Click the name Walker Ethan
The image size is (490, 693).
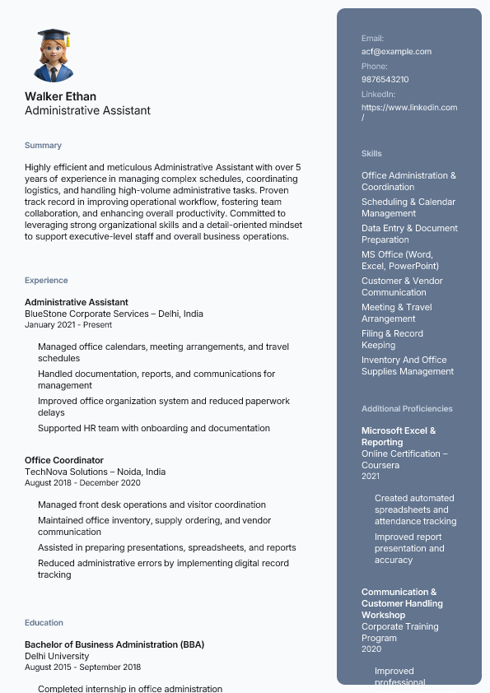60,96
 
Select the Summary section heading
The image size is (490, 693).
43,146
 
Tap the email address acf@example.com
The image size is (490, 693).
396,52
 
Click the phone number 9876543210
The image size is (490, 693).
385,80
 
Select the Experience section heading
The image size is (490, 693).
46,281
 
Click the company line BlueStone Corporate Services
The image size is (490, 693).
114,314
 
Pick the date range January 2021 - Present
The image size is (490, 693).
68,324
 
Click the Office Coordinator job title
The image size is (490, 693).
64,460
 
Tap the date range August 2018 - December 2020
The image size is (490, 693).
82,482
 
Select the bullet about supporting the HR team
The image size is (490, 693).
153,428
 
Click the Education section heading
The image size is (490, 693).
44,623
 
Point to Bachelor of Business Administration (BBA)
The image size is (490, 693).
114,644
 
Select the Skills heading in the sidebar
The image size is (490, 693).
371,154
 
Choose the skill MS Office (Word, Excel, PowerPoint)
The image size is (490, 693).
400,260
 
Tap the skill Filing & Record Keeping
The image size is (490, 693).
392,339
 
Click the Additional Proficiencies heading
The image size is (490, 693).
407,409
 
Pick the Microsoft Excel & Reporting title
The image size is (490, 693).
399,436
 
